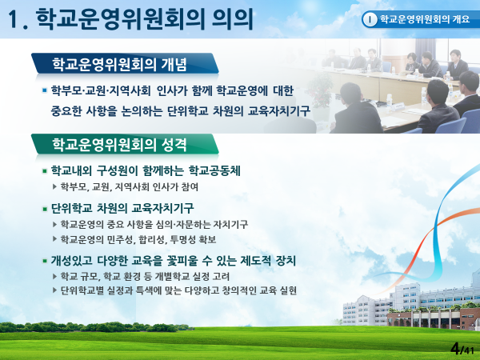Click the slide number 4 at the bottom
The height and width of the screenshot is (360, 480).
tap(455, 349)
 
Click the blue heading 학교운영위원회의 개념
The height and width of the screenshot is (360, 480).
tap(119, 64)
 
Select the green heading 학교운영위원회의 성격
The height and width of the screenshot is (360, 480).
tap(119, 145)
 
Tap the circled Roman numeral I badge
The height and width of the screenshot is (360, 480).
tap(370, 19)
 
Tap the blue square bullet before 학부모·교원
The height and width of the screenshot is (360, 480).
tap(45, 90)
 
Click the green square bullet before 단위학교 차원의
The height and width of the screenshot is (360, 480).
tap(45, 209)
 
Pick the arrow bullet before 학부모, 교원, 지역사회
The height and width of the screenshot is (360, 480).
tap(54, 186)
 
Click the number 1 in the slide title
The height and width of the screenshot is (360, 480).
tap(14, 19)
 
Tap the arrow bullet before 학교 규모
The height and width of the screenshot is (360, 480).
tap(54, 277)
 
